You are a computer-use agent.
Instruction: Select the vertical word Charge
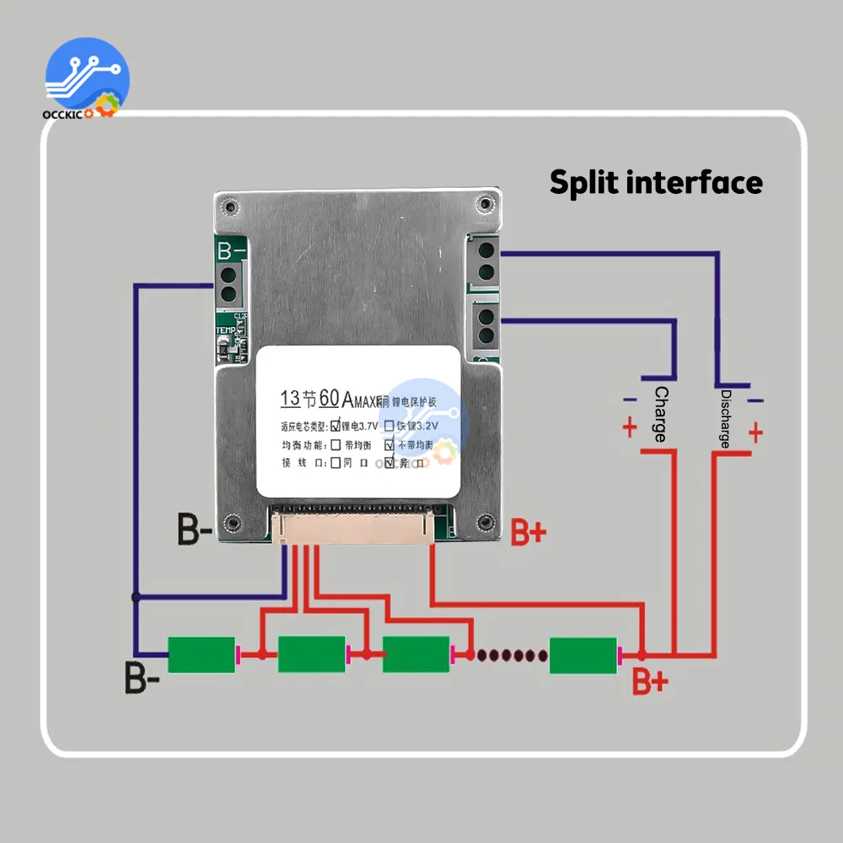click(660, 414)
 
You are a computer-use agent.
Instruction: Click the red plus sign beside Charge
click(630, 428)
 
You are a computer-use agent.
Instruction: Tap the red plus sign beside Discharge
click(755, 432)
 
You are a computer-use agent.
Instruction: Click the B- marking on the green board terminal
click(230, 251)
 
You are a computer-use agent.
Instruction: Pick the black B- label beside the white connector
click(194, 529)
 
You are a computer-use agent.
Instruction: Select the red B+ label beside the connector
click(529, 532)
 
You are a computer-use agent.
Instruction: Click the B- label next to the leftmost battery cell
click(142, 678)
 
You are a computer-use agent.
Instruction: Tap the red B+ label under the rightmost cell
click(650, 682)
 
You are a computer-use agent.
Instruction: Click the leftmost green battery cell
click(202, 655)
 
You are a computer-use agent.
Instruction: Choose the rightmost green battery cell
click(583, 655)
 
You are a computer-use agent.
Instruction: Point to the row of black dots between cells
click(507, 654)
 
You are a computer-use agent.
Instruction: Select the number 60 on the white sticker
click(330, 397)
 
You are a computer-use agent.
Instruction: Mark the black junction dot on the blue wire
click(136, 597)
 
